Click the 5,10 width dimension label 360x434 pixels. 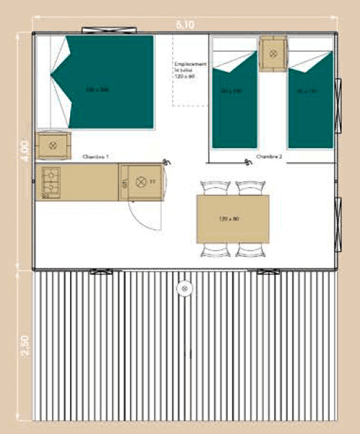click(x=184, y=24)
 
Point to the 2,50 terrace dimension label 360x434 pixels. click(x=25, y=345)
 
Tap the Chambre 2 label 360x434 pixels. click(x=268, y=157)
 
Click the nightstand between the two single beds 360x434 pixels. click(x=272, y=53)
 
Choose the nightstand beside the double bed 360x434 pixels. click(x=53, y=145)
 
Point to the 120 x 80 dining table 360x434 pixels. click(x=233, y=219)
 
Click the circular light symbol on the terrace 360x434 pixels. click(x=184, y=288)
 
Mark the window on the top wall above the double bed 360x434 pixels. click(x=103, y=30)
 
